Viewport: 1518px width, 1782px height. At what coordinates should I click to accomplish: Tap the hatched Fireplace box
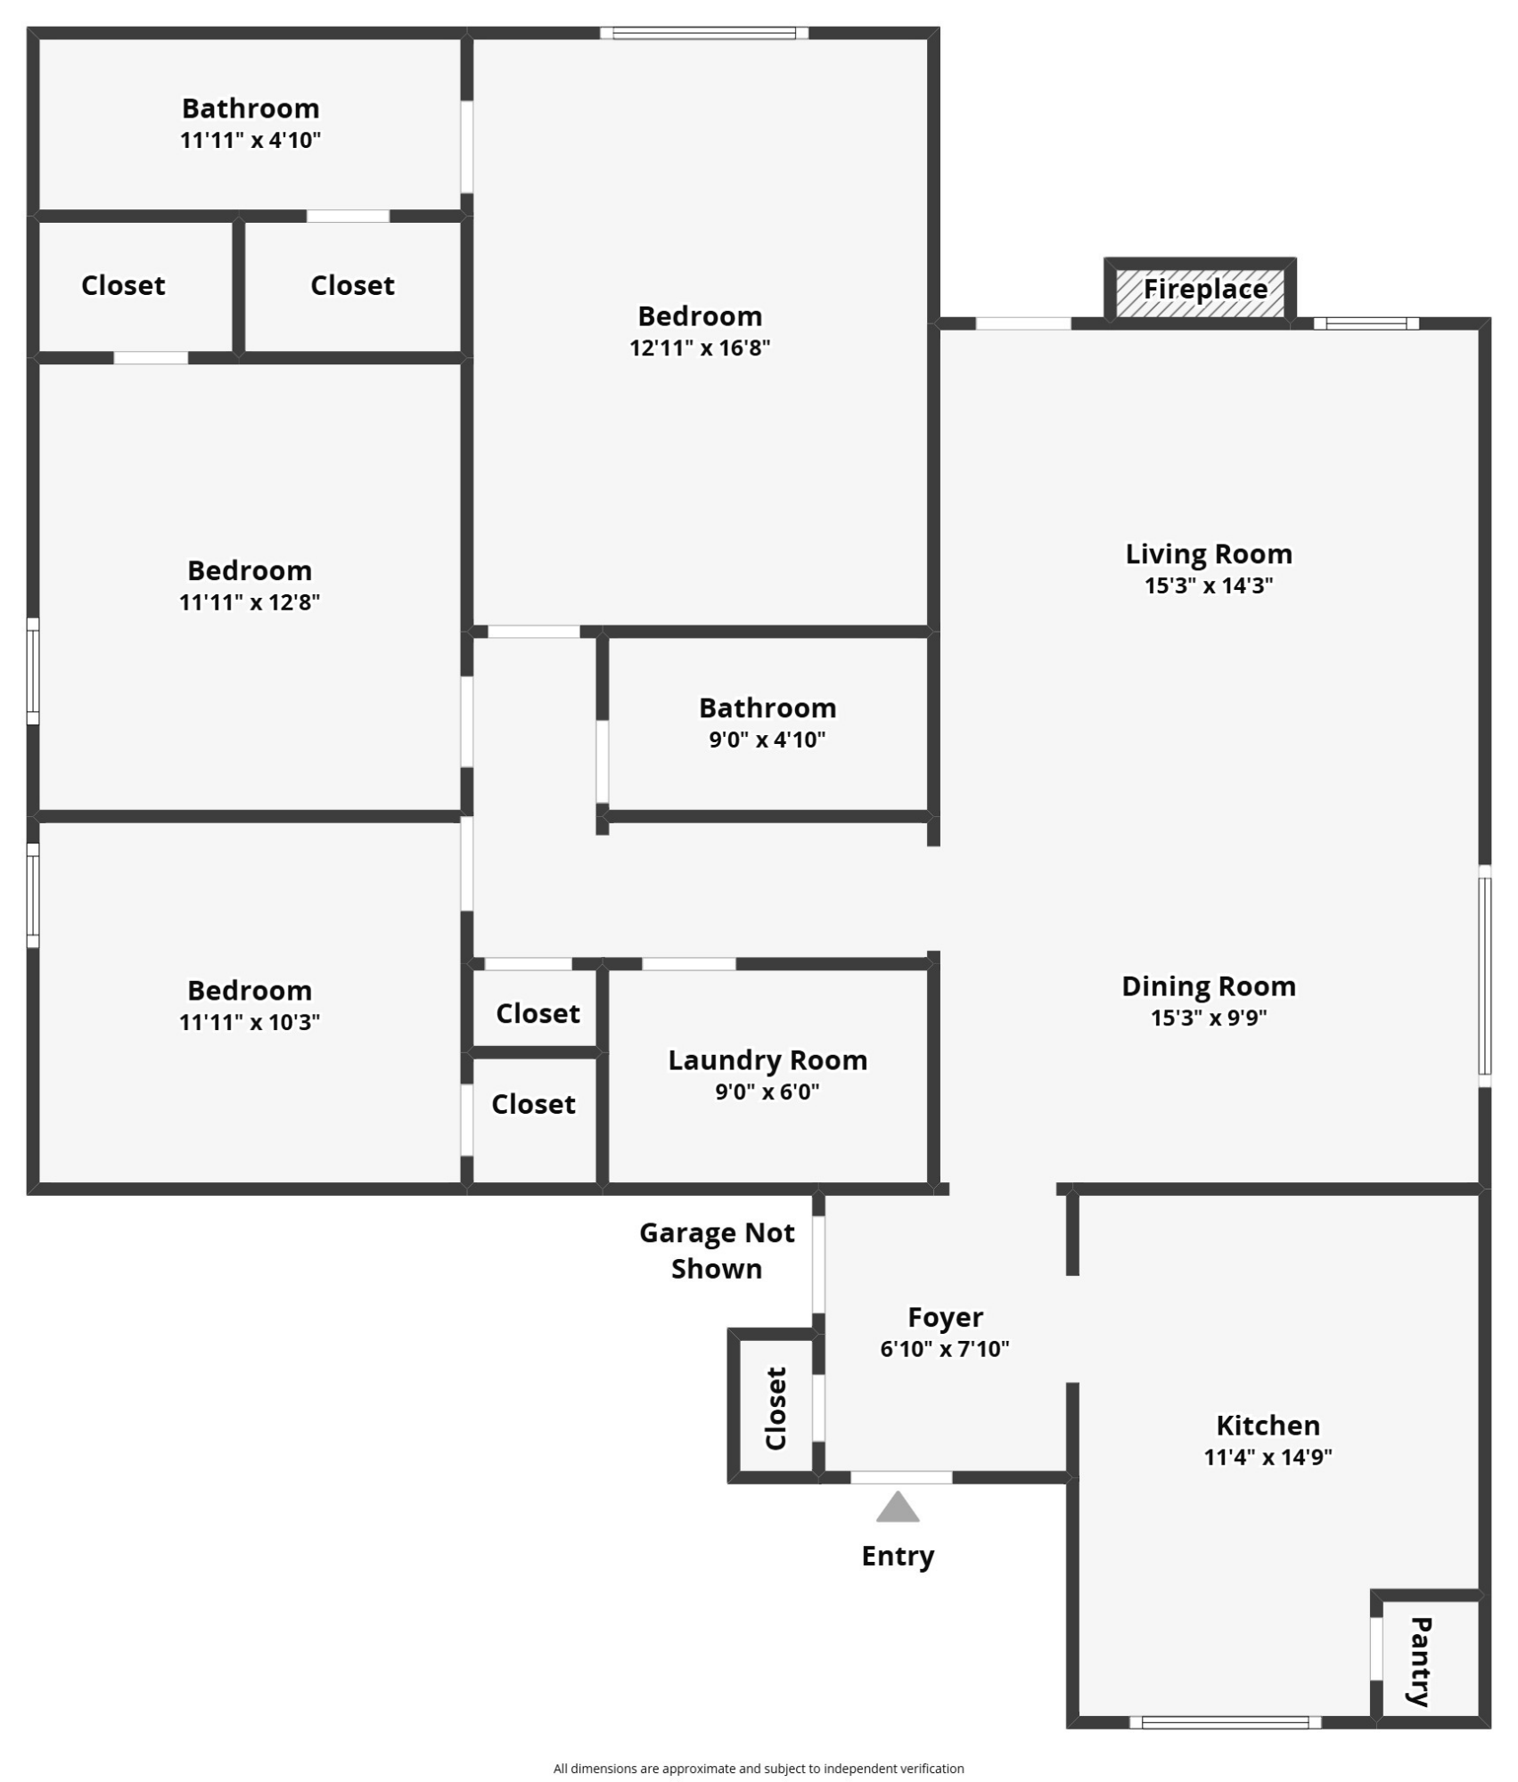1200,291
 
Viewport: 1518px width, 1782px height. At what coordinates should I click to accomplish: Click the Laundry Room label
767,1060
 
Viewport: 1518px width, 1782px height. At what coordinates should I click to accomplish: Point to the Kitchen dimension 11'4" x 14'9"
1268,1457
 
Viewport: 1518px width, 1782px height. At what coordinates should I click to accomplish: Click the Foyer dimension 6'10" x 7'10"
945,1348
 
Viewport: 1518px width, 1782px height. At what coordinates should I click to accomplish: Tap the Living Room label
1209,553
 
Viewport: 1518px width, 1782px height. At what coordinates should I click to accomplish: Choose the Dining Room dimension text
1209,1018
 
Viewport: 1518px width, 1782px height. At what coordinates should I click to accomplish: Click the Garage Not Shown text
717,1250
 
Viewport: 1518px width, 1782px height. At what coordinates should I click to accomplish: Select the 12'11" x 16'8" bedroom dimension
700,347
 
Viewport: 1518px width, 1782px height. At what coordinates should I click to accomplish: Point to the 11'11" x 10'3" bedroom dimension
250,1022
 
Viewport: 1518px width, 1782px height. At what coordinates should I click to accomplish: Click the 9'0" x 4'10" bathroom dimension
767,740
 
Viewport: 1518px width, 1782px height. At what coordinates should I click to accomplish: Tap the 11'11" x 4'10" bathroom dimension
250,140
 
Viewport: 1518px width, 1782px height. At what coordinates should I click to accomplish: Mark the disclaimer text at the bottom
759,1769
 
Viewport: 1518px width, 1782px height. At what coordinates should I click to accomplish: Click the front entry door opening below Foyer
901,1477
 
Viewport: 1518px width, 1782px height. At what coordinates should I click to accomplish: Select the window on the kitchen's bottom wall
1226,1722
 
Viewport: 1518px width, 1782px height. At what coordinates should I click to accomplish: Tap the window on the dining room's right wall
1485,976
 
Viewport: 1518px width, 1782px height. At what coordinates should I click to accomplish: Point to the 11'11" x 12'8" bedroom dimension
250,602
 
